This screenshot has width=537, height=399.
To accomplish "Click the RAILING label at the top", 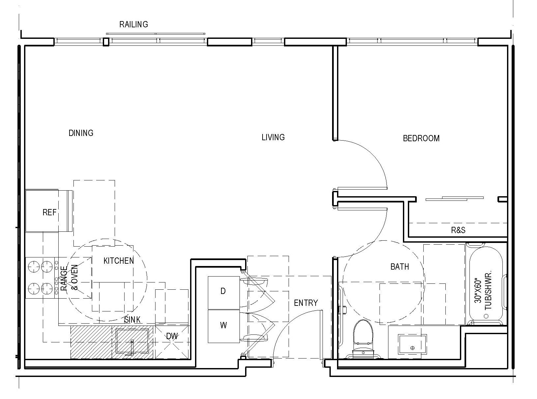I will [x=133, y=24].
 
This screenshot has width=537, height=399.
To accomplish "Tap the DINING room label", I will [x=81, y=133].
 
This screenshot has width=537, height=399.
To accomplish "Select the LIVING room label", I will [x=273, y=137].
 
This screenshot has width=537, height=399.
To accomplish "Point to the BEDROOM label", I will [x=421, y=138].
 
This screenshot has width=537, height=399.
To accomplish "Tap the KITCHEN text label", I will [x=119, y=261].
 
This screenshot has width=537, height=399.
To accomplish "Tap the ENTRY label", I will [x=306, y=303].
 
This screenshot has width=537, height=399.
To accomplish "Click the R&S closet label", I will [x=458, y=230].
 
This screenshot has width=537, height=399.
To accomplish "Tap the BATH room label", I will [x=400, y=267].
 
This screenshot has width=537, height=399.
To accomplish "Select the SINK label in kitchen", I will [x=133, y=319].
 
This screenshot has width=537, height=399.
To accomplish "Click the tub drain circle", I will [x=486, y=316].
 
